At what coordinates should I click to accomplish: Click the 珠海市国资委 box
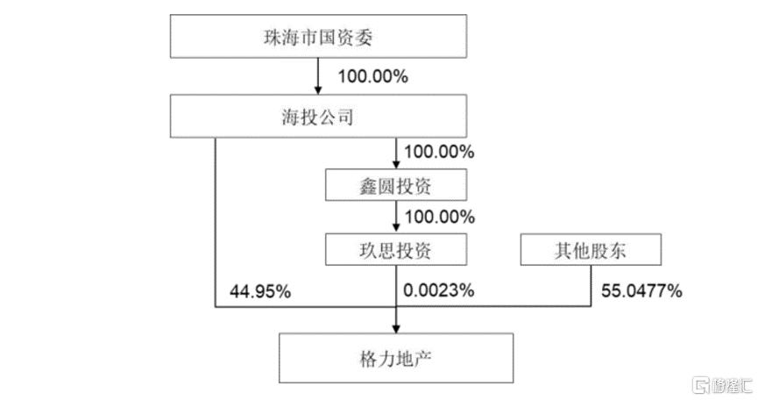tap(318, 36)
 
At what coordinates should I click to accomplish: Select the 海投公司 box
tap(318, 116)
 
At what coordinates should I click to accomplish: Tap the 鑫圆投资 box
tap(396, 185)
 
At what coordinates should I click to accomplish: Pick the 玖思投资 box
tap(396, 250)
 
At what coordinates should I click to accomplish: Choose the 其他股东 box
tap(591, 250)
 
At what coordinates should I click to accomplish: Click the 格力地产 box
tap(396, 359)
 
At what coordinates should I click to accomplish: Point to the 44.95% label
tap(260, 291)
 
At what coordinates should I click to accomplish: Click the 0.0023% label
tap(438, 290)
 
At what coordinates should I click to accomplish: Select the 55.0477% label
tap(641, 290)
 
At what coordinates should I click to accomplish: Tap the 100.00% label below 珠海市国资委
tap(372, 76)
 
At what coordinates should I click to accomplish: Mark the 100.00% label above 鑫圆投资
tap(439, 152)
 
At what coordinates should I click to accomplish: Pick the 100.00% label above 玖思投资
tap(439, 217)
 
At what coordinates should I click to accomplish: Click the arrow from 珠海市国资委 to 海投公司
tap(317, 76)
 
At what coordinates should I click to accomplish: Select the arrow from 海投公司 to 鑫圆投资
tap(396, 154)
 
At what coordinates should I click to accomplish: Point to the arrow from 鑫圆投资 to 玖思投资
tap(396, 218)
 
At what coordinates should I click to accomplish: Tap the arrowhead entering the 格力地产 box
tap(396, 329)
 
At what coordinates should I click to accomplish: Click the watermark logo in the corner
tap(722, 385)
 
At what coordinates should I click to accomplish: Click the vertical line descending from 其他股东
tap(591, 286)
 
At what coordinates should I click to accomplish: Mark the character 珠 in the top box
tap(273, 37)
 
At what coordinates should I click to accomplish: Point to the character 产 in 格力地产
tap(423, 359)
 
